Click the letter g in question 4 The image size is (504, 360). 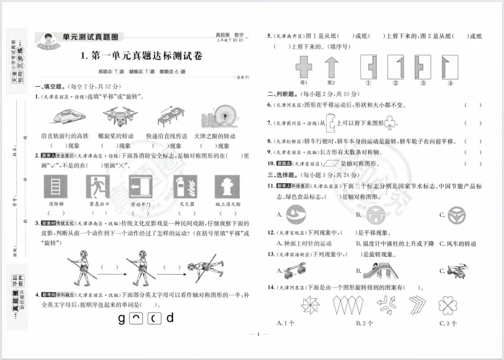tap(122, 318)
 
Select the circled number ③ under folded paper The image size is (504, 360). tap(423, 83)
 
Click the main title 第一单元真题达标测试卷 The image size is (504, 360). tap(141, 56)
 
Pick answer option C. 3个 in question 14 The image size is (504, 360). tap(448, 323)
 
